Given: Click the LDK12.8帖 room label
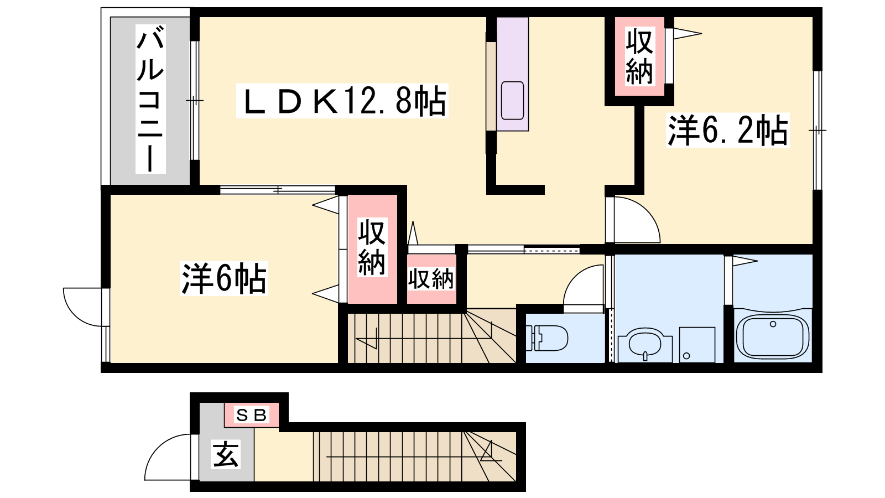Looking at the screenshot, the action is (x=342, y=101).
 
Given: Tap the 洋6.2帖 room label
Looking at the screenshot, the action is (x=728, y=130).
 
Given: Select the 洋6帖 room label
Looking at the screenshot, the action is (x=224, y=278).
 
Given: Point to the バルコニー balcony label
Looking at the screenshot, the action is (x=150, y=99).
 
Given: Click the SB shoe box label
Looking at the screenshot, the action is (x=252, y=415).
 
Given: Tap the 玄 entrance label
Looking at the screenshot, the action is (x=226, y=454).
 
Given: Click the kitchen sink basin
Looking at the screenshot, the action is (x=512, y=100).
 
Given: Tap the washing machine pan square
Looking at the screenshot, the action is (x=697, y=345).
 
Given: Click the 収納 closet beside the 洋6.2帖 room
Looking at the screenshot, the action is (x=639, y=56).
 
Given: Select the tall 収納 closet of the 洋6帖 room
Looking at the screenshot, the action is (x=372, y=249).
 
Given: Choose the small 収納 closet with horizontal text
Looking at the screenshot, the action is (x=431, y=279).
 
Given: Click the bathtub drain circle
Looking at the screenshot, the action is (x=773, y=324).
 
